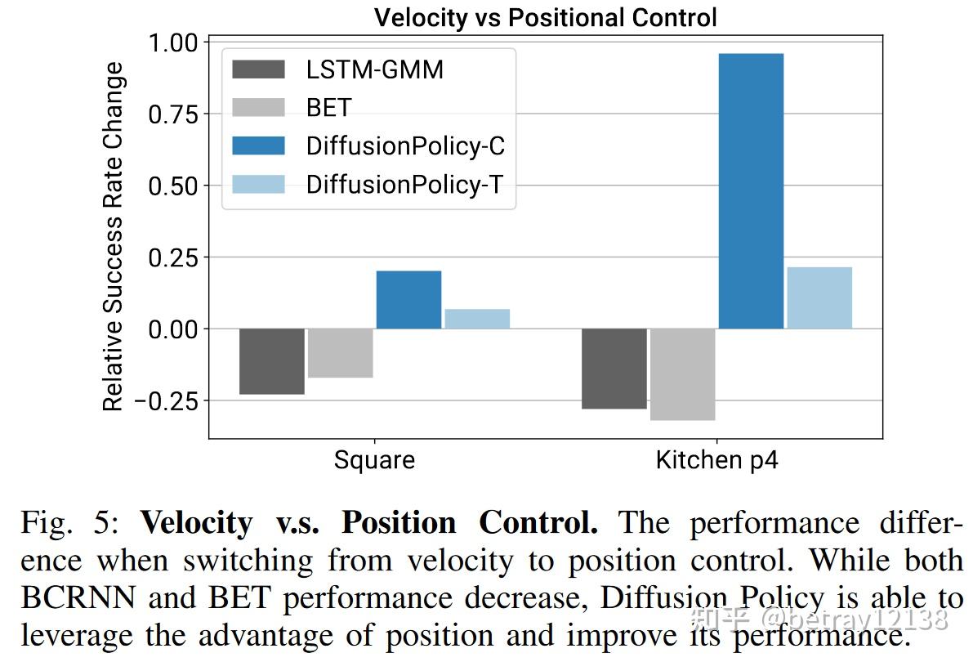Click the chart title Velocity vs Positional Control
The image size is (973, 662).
[545, 17]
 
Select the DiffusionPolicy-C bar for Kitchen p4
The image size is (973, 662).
[750, 190]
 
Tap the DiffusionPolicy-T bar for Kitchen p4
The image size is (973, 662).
[819, 297]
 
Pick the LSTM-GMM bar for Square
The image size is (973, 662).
[272, 361]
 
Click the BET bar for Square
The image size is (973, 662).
[340, 353]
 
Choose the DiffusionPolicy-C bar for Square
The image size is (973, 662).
[408, 299]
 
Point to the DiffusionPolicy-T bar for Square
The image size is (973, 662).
[477, 319]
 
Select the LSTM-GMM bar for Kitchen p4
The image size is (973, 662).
[614, 369]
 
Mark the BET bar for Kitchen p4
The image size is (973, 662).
[682, 374]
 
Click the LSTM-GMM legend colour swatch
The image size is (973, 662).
[259, 69]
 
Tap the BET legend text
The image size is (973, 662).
[328, 108]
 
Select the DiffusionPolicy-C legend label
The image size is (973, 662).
[405, 145]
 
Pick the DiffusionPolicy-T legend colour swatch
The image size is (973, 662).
[259, 184]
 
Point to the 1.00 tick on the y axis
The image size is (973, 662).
[172, 42]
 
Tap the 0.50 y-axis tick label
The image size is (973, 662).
[172, 186]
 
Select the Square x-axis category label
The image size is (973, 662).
[374, 460]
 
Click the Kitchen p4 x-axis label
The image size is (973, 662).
[716, 460]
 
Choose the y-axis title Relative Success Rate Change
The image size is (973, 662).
[114, 237]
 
